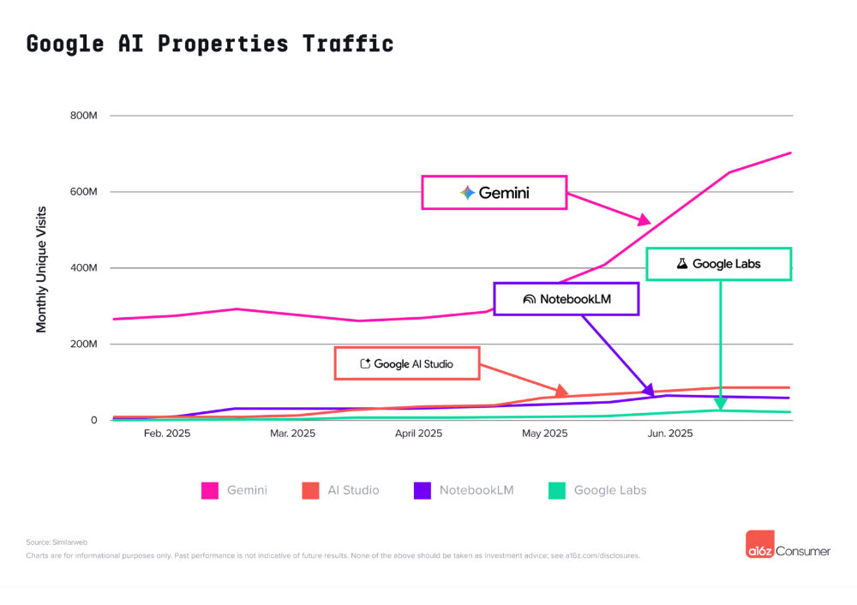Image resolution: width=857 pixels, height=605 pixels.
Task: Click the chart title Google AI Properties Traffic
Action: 210,44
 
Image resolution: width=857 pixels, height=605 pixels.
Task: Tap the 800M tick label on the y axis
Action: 83,116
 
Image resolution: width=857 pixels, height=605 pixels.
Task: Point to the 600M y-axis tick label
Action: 83,192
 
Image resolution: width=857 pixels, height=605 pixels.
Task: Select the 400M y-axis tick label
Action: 83,268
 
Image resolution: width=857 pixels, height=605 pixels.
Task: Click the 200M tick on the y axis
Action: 83,344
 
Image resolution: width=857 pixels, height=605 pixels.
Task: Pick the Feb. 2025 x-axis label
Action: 167,434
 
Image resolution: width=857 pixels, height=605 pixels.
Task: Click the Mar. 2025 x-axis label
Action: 292,434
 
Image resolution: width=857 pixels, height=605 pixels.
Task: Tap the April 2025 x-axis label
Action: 418,434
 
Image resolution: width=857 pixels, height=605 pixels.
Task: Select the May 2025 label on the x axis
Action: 544,434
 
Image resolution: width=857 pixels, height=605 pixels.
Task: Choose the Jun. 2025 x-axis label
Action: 669,434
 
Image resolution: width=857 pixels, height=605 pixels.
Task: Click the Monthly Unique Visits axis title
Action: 41,268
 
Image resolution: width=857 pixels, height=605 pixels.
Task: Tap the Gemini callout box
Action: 494,193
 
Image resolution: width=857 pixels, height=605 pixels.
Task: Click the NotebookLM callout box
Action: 566,299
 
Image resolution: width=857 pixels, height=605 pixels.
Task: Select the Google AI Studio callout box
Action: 406,363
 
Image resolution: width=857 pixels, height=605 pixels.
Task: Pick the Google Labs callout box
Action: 718,264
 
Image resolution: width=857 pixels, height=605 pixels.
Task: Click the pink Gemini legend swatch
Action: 210,490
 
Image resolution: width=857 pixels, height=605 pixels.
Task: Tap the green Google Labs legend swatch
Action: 557,490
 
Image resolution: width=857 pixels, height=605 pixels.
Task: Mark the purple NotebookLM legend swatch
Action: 423,490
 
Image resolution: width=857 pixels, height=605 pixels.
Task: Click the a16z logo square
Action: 760,545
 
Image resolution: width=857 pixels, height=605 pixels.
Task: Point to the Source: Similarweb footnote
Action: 57,542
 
